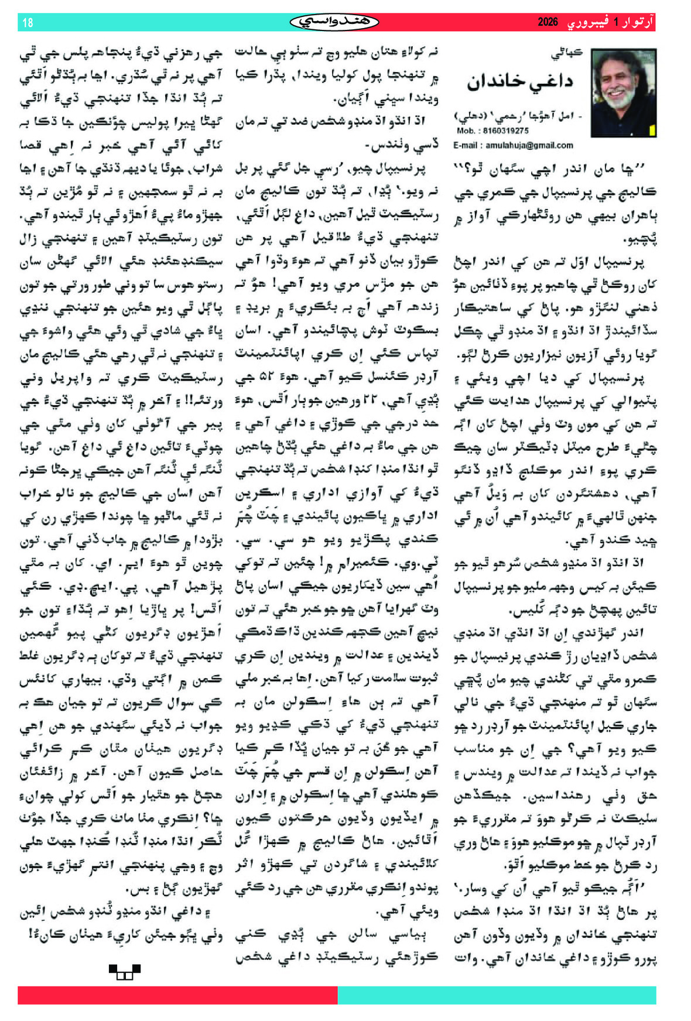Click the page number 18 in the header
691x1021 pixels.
point(28,23)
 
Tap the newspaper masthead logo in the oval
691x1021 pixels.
point(334,22)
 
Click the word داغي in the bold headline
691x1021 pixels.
point(546,82)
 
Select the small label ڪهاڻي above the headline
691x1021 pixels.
point(566,53)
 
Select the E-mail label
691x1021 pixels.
point(468,145)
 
